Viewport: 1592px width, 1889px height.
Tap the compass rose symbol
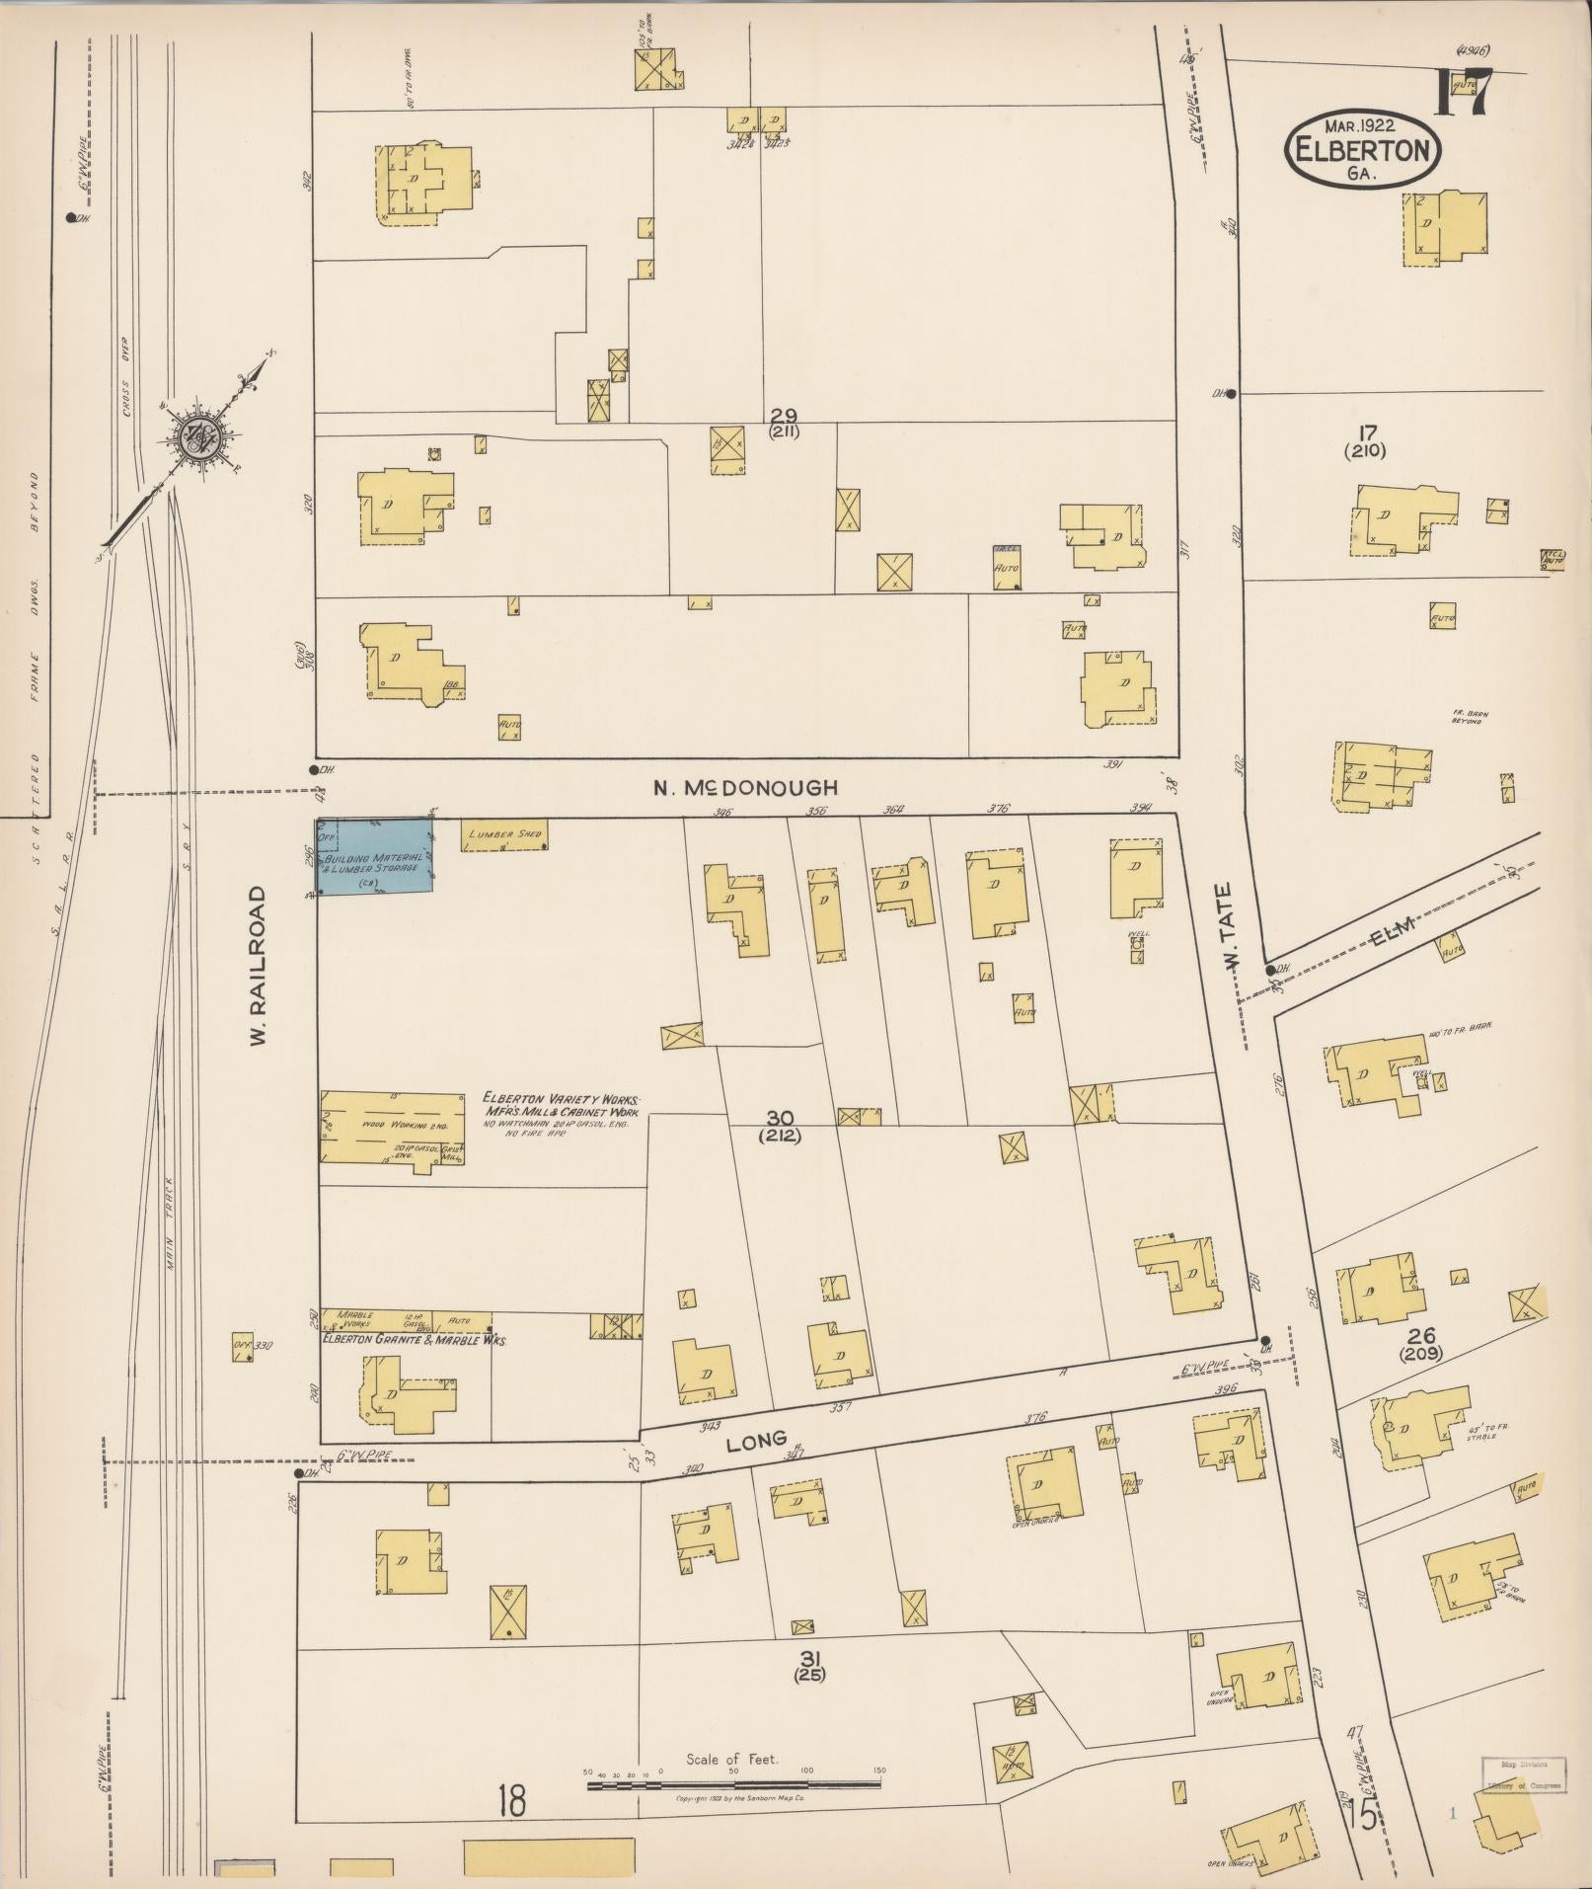coord(193,434)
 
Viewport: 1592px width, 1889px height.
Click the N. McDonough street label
coord(746,787)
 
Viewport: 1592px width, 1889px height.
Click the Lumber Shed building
coord(503,835)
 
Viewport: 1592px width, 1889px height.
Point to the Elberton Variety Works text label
coord(560,1099)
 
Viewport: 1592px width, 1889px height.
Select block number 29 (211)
coord(786,422)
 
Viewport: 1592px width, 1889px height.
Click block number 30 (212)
coord(780,1126)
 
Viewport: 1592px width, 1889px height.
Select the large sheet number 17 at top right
coord(1463,93)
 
